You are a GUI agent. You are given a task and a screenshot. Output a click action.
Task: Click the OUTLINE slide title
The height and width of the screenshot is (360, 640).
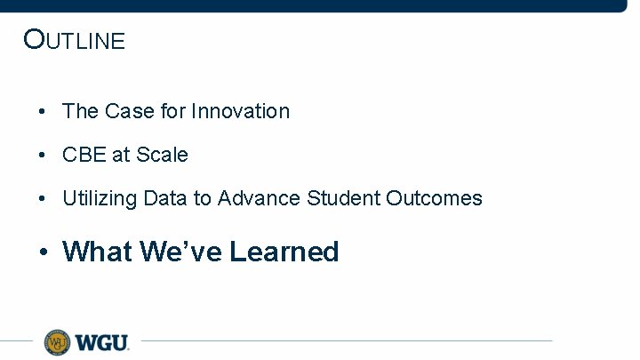(x=75, y=40)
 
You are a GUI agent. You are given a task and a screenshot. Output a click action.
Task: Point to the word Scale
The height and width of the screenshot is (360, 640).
(x=162, y=155)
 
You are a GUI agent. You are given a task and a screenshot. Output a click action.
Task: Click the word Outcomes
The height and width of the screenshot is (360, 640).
(x=434, y=198)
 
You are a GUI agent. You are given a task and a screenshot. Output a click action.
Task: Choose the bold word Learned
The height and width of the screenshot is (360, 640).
(x=284, y=252)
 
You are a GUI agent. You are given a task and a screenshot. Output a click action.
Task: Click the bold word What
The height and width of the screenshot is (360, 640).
(x=98, y=252)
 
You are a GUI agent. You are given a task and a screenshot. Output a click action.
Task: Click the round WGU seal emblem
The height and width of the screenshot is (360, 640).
(x=58, y=341)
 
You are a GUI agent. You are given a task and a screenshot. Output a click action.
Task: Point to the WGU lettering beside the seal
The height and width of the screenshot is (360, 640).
(x=101, y=342)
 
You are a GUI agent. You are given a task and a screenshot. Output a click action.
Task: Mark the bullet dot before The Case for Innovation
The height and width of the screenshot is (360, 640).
(x=42, y=112)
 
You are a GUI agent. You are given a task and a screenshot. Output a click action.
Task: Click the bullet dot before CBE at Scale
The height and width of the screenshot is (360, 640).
(x=42, y=156)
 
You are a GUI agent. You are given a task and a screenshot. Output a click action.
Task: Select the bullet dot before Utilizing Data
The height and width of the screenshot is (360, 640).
(x=42, y=199)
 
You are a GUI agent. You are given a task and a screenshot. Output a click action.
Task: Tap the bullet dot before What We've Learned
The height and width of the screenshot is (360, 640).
(x=43, y=252)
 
